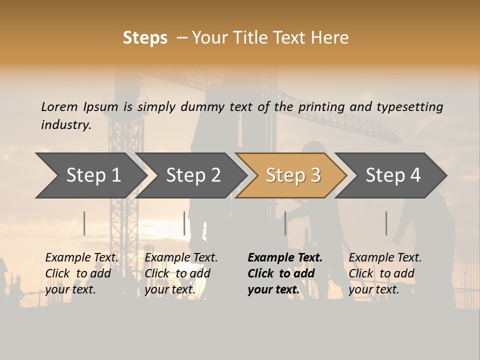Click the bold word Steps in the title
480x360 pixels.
tap(145, 38)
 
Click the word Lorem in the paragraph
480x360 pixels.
tap(59, 106)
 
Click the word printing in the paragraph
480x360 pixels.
tap(321, 106)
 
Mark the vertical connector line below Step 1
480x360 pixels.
tap(84, 223)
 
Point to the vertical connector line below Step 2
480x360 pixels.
tap(184, 223)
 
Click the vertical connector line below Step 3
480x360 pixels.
tap(285, 223)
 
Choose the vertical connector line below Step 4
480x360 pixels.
tap(386, 223)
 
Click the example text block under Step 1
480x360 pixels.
tap(81, 273)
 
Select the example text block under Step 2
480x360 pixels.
tap(181, 273)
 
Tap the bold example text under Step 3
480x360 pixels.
tap(284, 273)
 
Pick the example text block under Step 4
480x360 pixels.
tap(385, 273)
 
